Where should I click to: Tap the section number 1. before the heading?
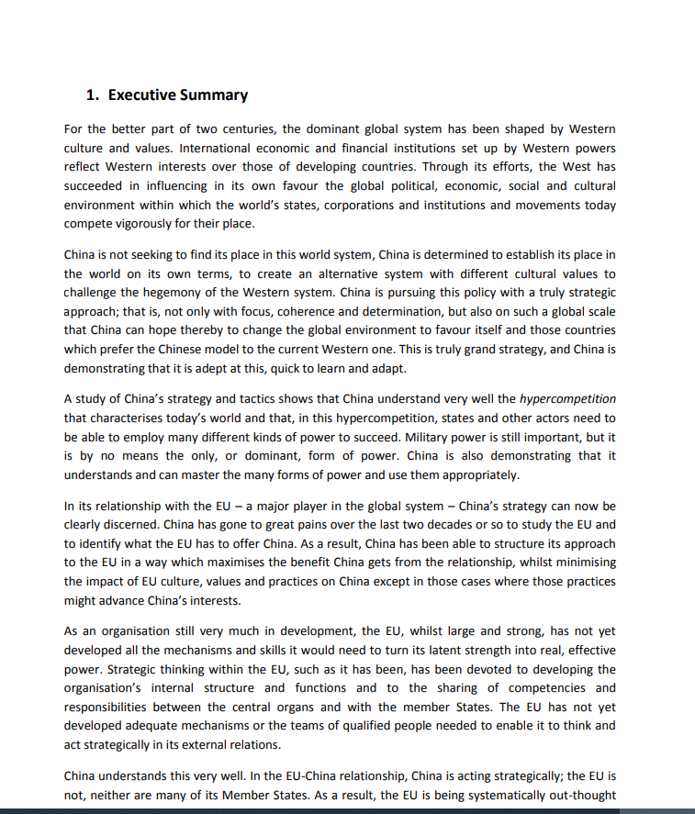click(x=93, y=95)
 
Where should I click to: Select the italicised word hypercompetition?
click(x=567, y=399)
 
